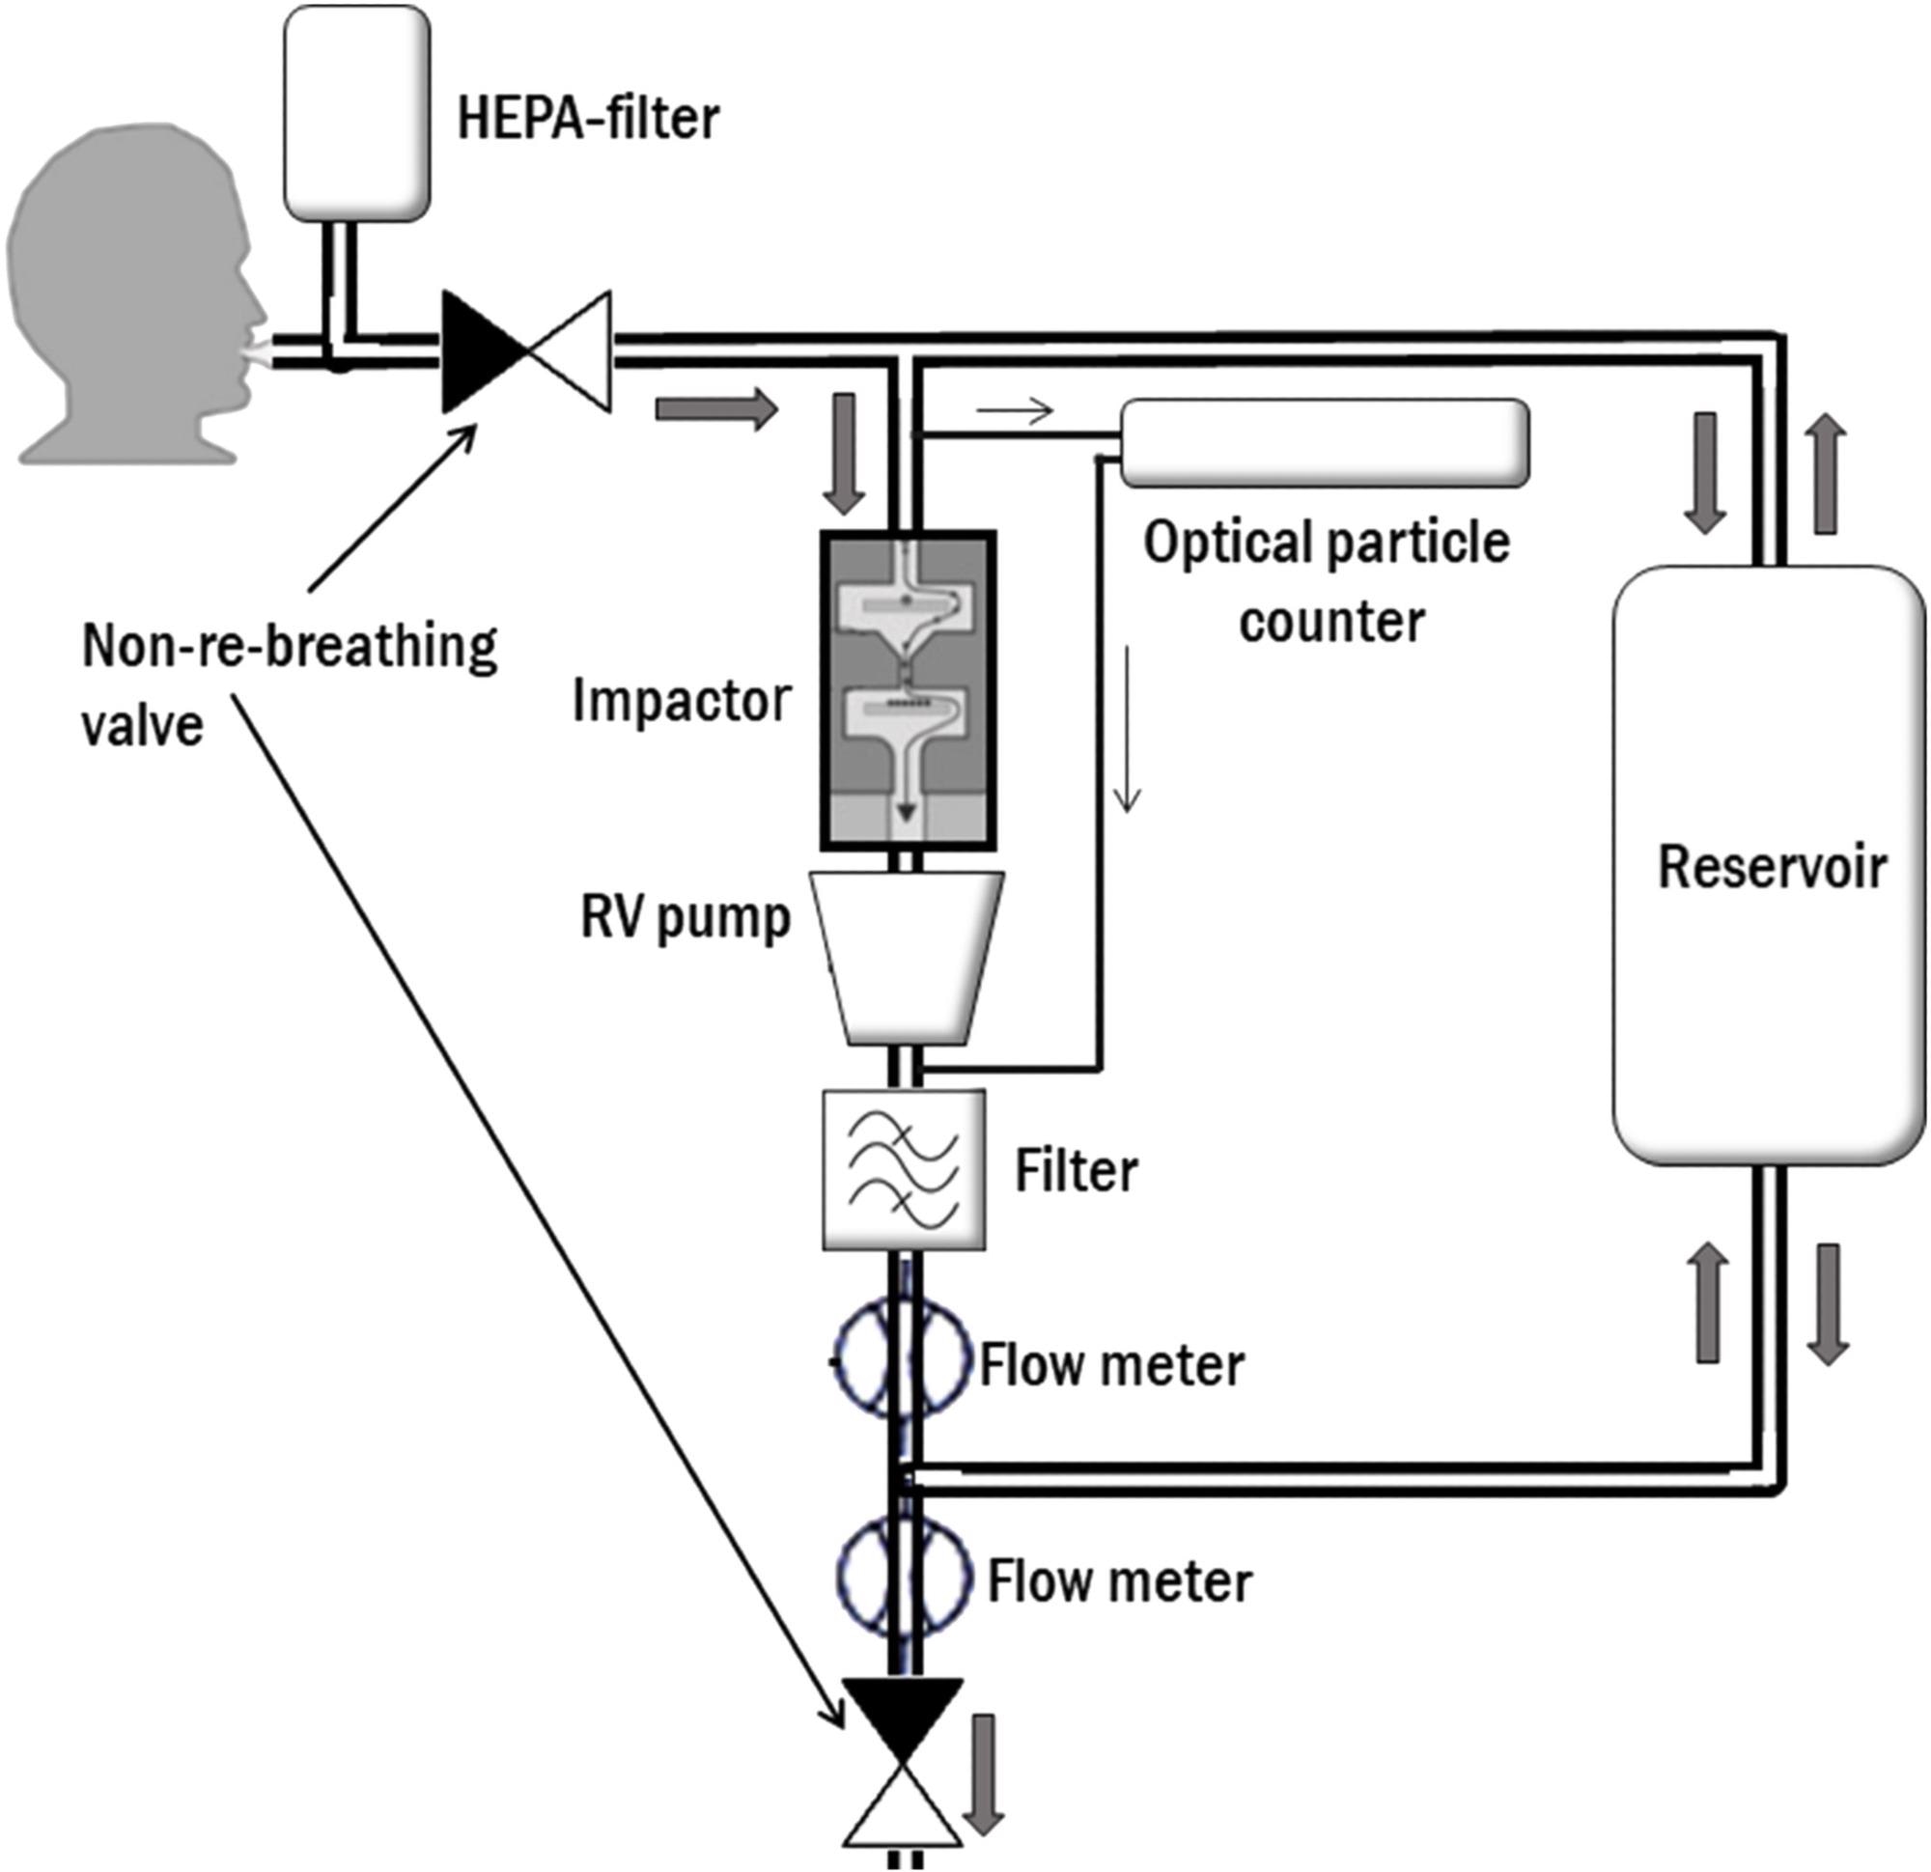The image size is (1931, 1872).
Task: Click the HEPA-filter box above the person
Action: coord(356,111)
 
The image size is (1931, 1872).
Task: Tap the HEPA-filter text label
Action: coord(588,119)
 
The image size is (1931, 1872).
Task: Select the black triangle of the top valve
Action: coord(476,350)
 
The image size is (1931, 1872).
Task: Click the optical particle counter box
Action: coord(1324,442)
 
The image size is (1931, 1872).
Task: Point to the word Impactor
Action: coord(682,702)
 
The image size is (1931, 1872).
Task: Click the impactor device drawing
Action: coord(909,689)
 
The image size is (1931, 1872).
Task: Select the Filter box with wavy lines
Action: coord(904,1170)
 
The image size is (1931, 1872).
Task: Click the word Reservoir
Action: coord(1772,867)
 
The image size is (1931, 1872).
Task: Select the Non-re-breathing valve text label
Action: coord(289,685)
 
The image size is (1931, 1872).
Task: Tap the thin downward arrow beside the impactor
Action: coord(1127,729)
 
